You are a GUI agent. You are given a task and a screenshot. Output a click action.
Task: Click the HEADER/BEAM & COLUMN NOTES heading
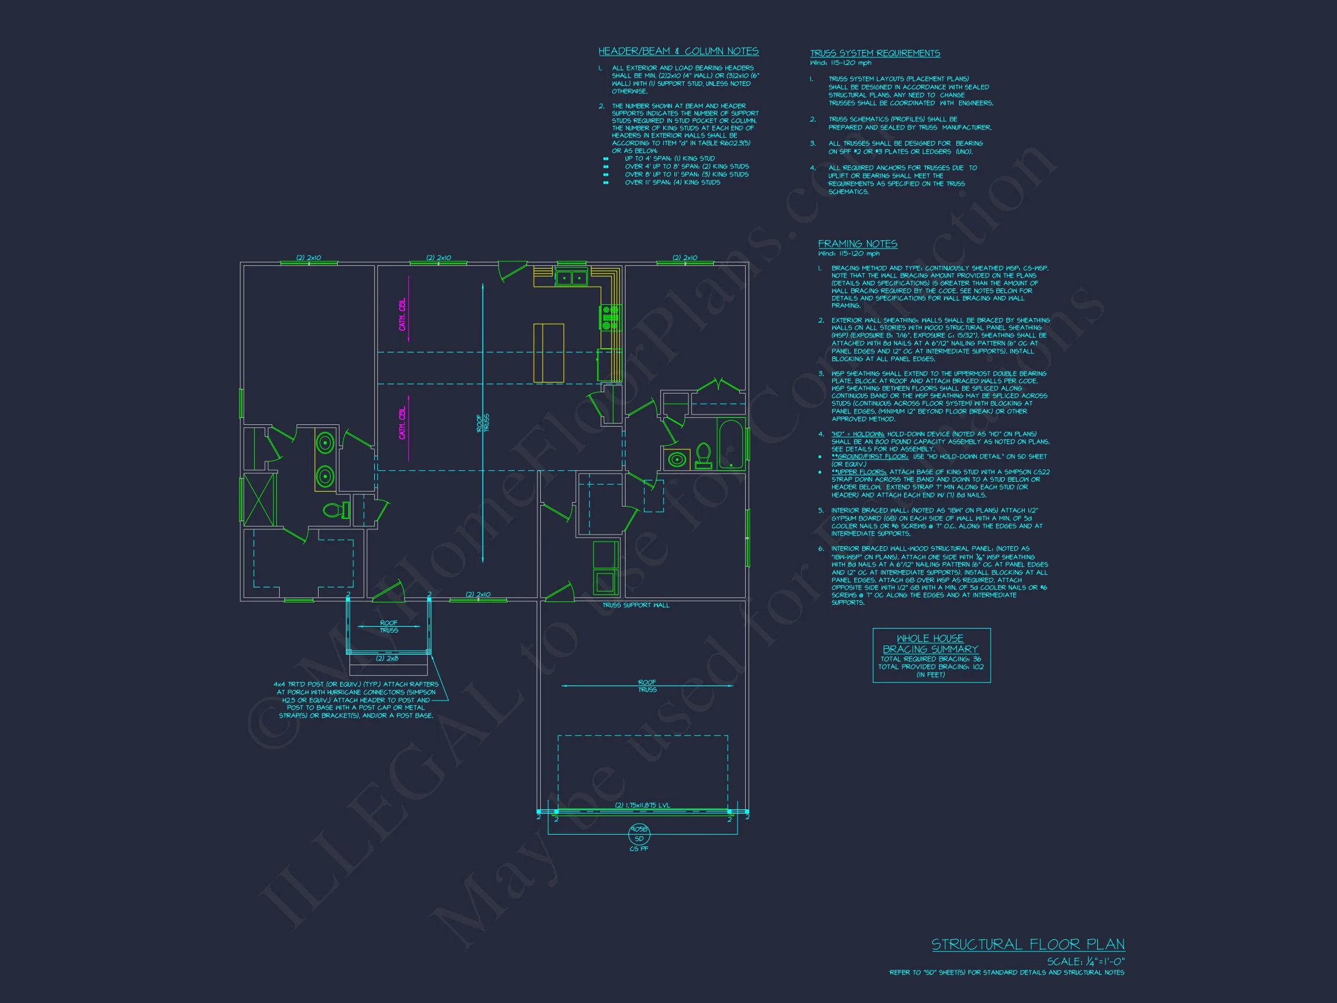[x=678, y=52]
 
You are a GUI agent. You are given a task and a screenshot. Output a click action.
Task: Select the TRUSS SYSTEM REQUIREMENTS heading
[x=875, y=53]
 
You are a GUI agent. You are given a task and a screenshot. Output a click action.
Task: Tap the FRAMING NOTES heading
[x=857, y=244]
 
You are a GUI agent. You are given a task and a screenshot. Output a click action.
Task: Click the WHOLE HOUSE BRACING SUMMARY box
[x=931, y=655]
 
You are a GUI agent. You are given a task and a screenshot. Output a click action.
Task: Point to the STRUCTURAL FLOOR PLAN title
[x=1028, y=944]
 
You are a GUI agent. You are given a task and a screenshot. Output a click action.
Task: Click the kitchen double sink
[x=571, y=278]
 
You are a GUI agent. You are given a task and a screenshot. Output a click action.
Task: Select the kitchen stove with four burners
[x=609, y=318]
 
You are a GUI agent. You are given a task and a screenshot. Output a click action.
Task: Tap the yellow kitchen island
[x=548, y=352]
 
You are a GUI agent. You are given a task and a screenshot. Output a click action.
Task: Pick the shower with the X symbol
[x=259, y=499]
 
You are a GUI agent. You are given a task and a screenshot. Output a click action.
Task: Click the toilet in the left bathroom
[x=336, y=510]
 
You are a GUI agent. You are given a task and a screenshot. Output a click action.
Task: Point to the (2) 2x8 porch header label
[x=387, y=658]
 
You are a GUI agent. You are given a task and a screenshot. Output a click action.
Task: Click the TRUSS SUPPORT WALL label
[x=635, y=605]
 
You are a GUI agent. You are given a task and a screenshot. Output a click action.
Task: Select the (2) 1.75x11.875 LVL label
[x=642, y=804]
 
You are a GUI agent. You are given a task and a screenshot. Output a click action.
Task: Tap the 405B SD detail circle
[x=639, y=834]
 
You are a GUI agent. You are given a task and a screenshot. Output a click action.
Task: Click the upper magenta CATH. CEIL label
[x=402, y=314]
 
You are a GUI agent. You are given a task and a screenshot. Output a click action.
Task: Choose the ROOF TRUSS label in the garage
[x=647, y=685]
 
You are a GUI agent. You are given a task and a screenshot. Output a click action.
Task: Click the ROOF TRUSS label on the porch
[x=389, y=626]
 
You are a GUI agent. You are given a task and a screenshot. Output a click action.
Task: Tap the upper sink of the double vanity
[x=325, y=443]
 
